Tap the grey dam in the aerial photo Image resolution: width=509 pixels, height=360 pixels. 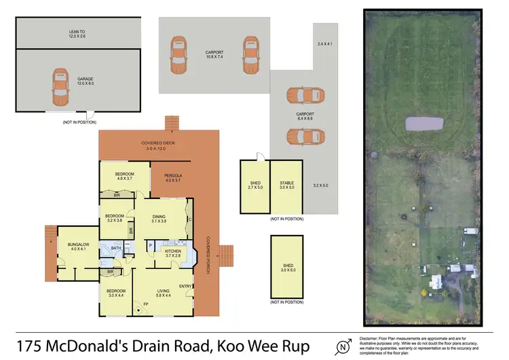[x=423, y=124]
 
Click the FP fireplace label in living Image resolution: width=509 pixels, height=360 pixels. [x=144, y=304]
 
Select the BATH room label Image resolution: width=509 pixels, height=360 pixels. [x=116, y=248]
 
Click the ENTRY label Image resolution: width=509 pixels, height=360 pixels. [x=186, y=285]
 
